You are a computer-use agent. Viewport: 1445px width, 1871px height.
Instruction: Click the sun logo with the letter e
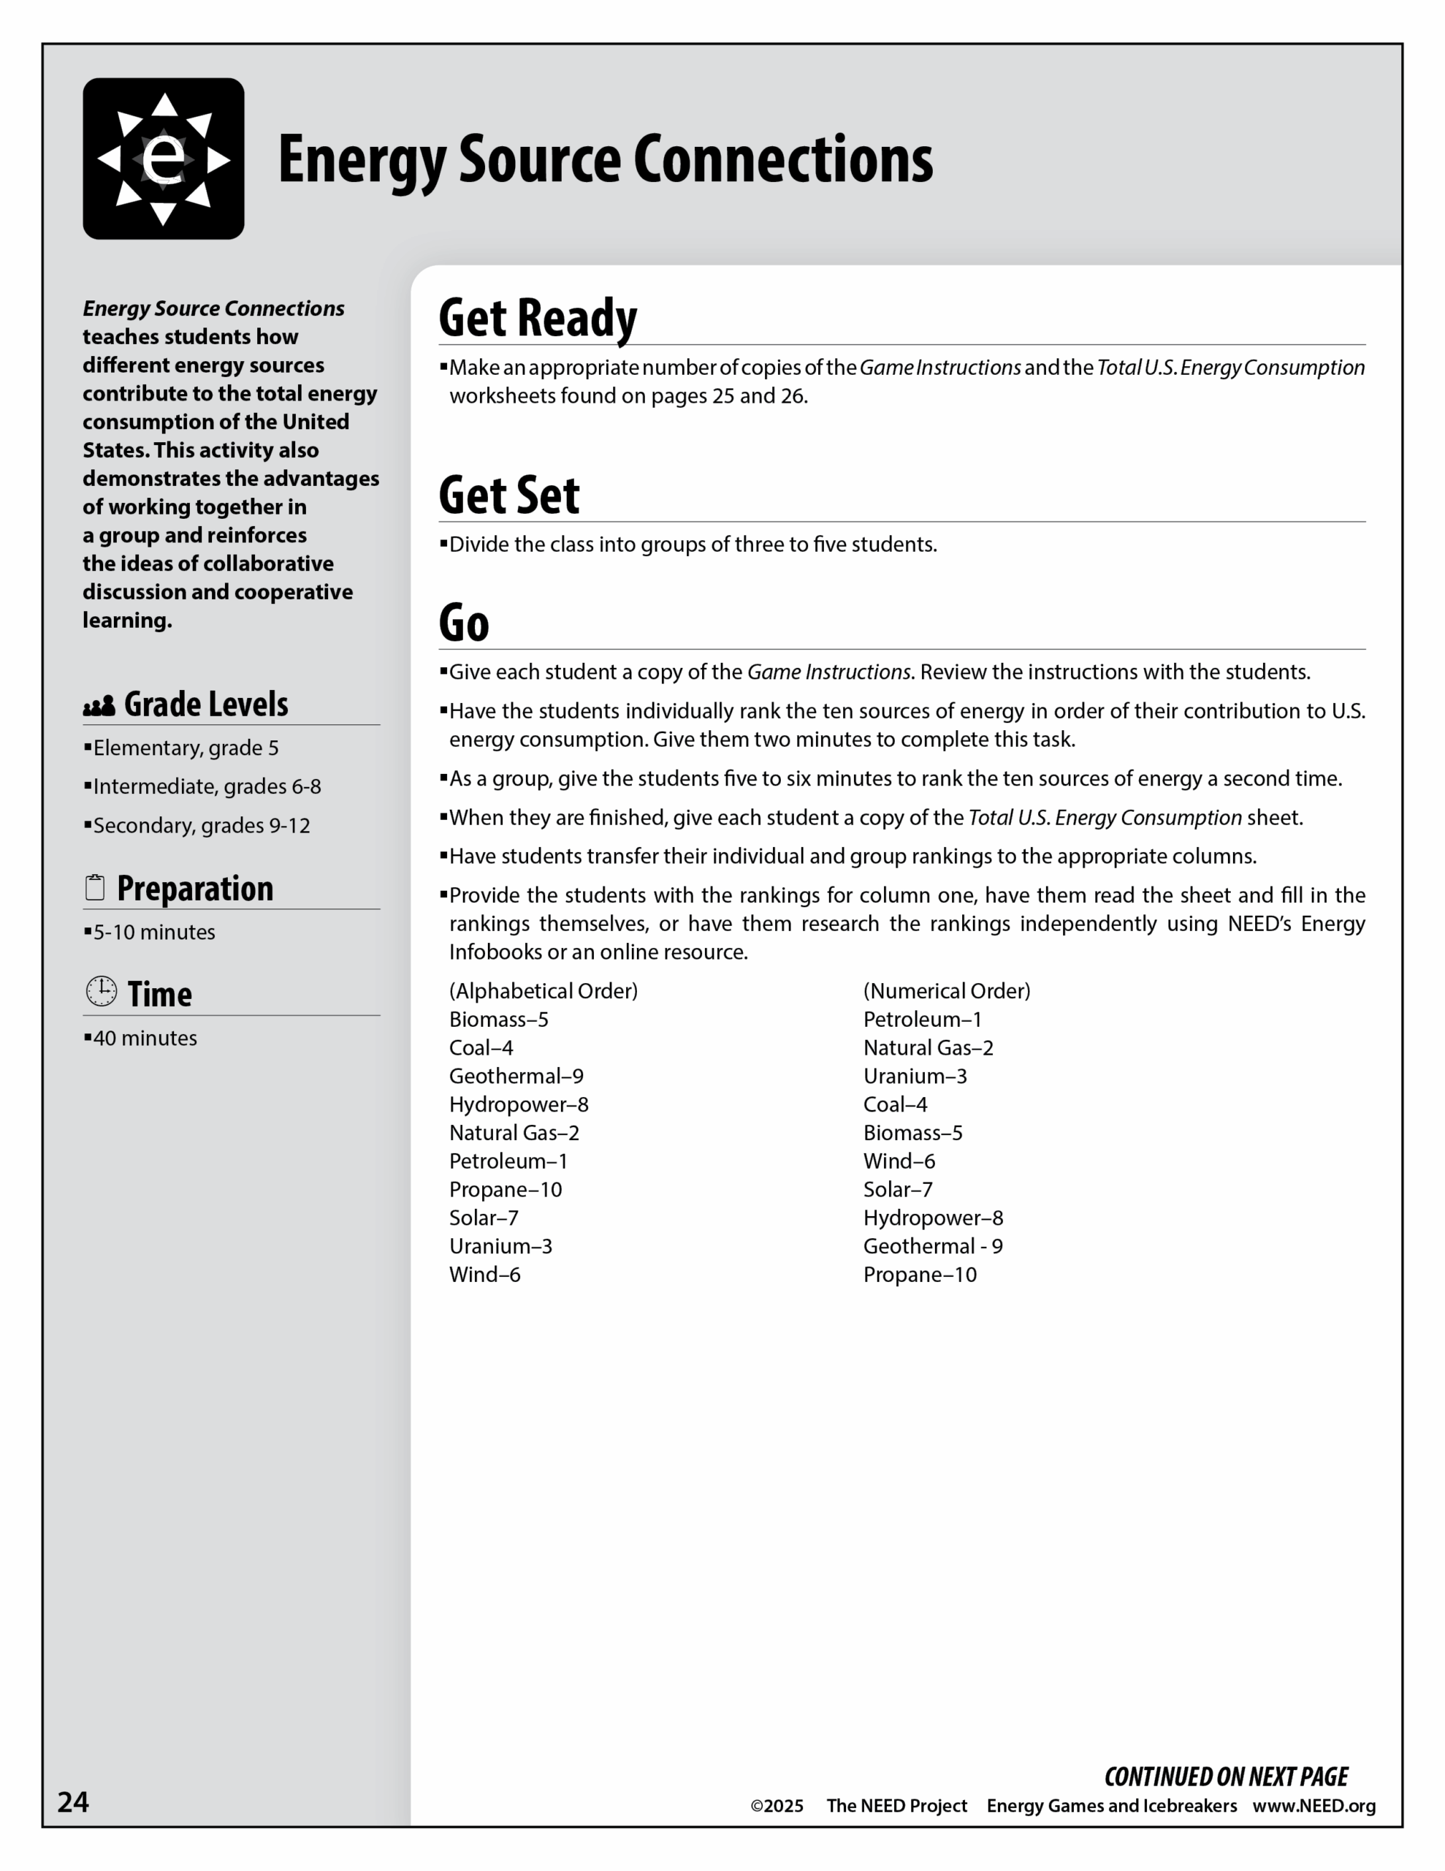pyautogui.click(x=163, y=159)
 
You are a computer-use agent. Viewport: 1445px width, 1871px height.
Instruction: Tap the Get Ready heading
pyautogui.click(x=537, y=318)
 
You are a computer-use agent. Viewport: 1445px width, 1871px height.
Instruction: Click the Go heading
pyautogui.click(x=463, y=623)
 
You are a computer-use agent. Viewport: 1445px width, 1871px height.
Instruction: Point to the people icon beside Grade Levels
pyautogui.click(x=99, y=706)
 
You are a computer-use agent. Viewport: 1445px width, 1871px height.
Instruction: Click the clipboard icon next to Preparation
pyautogui.click(x=95, y=889)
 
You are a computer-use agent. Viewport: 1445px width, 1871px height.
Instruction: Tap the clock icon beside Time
pyautogui.click(x=101, y=991)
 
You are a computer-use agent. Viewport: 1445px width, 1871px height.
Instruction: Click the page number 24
pyautogui.click(x=73, y=1802)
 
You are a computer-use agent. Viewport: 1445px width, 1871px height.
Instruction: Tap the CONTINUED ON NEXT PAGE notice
pyautogui.click(x=1226, y=1777)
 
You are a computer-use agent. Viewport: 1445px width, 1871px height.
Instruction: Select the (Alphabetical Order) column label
pyautogui.click(x=543, y=991)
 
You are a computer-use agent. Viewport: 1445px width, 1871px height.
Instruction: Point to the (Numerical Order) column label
pyautogui.click(x=947, y=991)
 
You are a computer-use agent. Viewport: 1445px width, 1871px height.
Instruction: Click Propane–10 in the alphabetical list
pyautogui.click(x=506, y=1190)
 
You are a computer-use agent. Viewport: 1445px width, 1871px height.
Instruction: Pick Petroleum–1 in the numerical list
pyautogui.click(x=922, y=1020)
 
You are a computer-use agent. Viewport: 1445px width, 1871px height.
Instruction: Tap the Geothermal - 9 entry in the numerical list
pyautogui.click(x=932, y=1246)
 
